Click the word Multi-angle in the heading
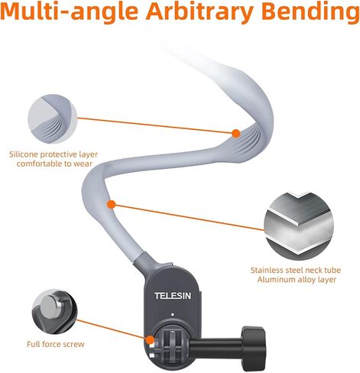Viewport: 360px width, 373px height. pyautogui.click(x=70, y=11)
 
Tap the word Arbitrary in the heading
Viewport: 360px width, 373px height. pyautogui.click(x=199, y=12)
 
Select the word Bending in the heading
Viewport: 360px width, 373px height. pyautogui.click(x=310, y=12)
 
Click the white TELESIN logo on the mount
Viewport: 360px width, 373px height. pyautogui.click(x=173, y=296)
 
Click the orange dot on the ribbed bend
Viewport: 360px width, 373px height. pyautogui.click(x=236, y=133)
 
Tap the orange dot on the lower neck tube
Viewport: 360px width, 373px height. pyautogui.click(x=112, y=204)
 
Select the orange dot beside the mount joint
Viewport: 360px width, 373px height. pyautogui.click(x=150, y=339)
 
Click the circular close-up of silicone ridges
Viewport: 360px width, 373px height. pyautogui.click(x=52, y=118)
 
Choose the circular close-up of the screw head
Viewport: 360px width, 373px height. pyautogui.click(x=54, y=311)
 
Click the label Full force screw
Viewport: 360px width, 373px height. pyautogui.click(x=56, y=344)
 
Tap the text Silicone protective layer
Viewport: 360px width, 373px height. pyautogui.click(x=54, y=154)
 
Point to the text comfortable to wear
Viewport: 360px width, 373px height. pyautogui.click(x=54, y=164)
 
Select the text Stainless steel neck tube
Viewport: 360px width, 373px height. pyautogui.click(x=296, y=270)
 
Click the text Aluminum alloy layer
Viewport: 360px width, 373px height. pyautogui.click(x=297, y=280)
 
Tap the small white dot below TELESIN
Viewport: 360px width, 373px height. pyautogui.click(x=173, y=314)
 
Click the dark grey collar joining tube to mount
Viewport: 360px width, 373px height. pyautogui.click(x=147, y=263)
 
